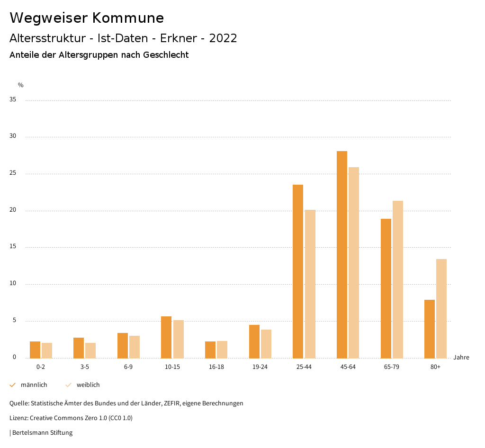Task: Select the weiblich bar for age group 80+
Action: coord(441,308)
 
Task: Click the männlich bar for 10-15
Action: coord(166,337)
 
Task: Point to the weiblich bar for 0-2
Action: coord(47,350)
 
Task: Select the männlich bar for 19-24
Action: coord(254,341)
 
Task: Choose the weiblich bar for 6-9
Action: coord(135,347)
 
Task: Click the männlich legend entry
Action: coord(34,385)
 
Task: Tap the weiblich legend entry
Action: coord(88,385)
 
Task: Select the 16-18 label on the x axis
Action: coord(216,367)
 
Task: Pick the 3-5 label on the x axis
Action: coord(85,367)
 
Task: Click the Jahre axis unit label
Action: coord(461,358)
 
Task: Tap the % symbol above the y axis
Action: coord(21,85)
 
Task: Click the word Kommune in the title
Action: coord(128,18)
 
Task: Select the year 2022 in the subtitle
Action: coord(223,38)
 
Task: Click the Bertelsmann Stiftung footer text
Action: coord(42,433)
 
